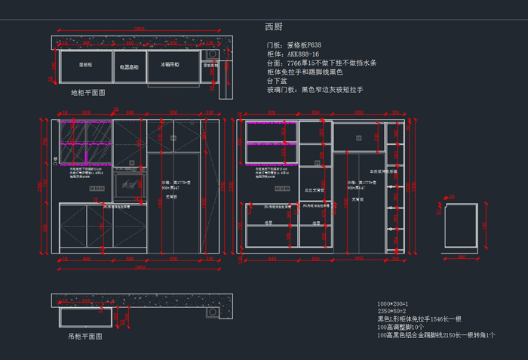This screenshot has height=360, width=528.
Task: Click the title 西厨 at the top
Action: click(273, 27)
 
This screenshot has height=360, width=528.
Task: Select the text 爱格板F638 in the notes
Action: click(304, 45)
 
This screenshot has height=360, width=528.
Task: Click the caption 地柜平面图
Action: click(87, 92)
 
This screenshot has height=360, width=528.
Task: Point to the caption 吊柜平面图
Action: click(84, 337)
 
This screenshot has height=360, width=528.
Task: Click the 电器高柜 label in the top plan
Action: click(130, 67)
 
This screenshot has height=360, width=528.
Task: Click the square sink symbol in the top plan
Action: click(213, 55)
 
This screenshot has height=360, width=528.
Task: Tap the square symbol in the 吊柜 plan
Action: click(118, 319)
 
